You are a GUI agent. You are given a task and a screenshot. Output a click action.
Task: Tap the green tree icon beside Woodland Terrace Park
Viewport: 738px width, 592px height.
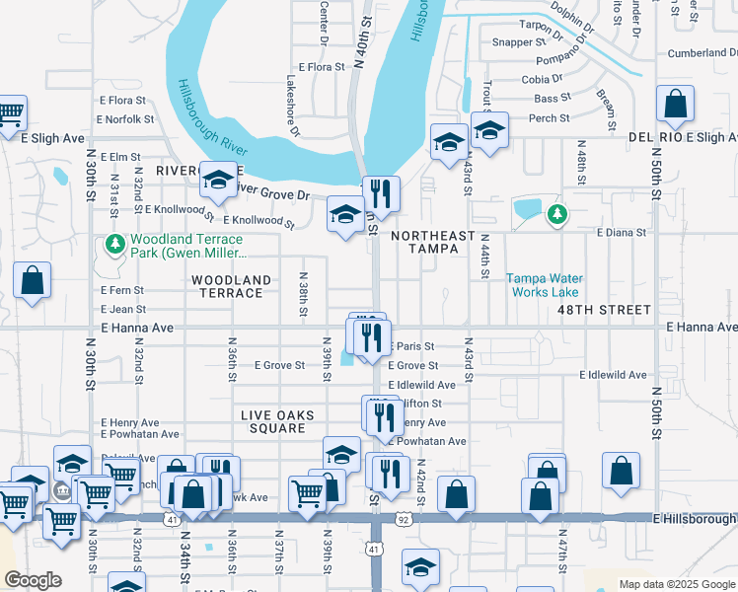pos(114,243)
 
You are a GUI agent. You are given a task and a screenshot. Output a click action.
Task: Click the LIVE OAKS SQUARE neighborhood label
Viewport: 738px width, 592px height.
pos(277,421)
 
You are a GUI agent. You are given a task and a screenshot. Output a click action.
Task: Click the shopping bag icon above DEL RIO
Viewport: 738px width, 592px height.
pos(675,104)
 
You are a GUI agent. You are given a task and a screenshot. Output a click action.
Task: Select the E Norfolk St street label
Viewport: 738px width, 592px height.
pos(125,119)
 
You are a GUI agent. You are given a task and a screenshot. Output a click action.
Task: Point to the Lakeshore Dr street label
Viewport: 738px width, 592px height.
pos(292,101)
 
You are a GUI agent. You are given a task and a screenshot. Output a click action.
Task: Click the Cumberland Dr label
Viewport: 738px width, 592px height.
pos(701,53)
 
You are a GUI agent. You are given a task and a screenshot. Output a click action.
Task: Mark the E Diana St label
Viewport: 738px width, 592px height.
pos(621,233)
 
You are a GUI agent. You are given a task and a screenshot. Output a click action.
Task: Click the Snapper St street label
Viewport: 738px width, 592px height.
pos(520,42)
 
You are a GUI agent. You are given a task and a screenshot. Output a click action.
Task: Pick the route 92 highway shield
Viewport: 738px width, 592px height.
pos(402,517)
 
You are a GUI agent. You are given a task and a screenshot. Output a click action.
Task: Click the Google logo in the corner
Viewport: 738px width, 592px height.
pos(33,580)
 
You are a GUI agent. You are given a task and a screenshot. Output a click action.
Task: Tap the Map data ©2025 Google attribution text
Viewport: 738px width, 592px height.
pos(676,584)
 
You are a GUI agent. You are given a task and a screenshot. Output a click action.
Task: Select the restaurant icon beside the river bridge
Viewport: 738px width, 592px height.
pos(380,193)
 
